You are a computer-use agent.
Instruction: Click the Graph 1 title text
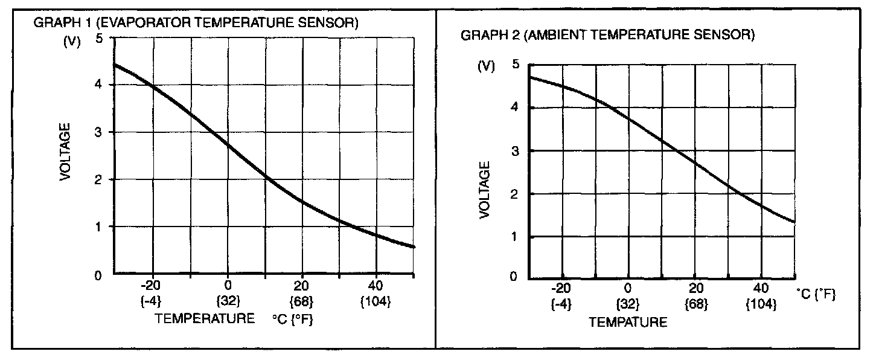[196, 24]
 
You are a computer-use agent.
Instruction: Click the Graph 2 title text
[608, 36]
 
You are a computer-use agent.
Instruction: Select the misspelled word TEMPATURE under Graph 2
[628, 322]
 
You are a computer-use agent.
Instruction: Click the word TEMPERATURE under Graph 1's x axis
[205, 318]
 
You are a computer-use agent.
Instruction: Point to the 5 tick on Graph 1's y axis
[99, 38]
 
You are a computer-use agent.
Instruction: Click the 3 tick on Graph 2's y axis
[515, 150]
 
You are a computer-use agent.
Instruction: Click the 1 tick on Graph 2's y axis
[515, 237]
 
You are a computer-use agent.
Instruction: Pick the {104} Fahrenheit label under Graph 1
[376, 301]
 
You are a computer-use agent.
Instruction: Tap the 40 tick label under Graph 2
[762, 288]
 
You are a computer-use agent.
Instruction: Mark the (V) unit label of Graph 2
[486, 66]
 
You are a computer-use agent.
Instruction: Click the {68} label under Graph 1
[301, 301]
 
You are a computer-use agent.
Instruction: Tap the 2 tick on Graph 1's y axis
[99, 179]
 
